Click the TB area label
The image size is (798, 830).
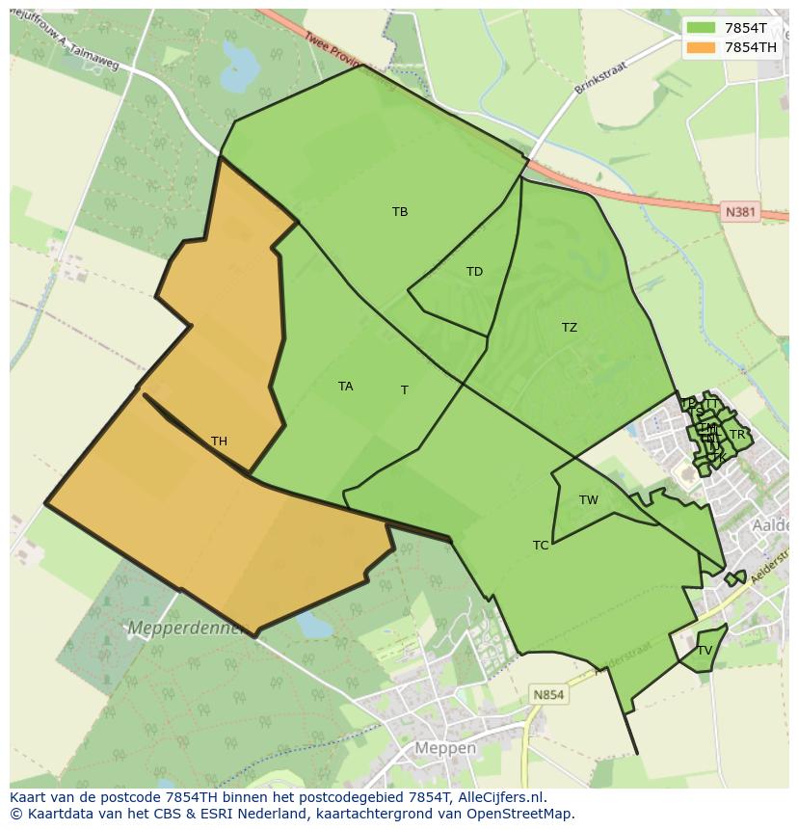coord(400,212)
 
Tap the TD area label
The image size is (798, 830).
coord(474,272)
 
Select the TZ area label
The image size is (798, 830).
coord(570,328)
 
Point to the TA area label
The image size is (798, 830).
coord(345,387)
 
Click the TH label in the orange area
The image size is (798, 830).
coord(219,442)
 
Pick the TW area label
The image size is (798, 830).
coord(589,499)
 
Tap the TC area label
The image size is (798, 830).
coord(541,546)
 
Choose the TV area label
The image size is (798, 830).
coord(705,651)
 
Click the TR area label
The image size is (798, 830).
coord(737,435)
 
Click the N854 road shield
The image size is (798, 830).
coord(549,694)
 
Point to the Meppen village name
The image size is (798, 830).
coord(445,748)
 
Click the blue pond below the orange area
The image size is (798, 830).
coord(312,625)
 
